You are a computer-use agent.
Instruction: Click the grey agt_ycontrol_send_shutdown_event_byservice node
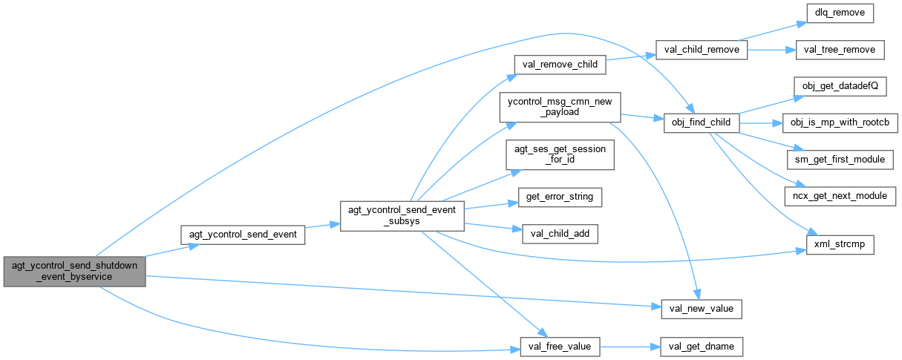pos(73,271)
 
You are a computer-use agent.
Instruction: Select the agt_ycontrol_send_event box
pos(243,235)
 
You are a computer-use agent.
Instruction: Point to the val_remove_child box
pos(560,65)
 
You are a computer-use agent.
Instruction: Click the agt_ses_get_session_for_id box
pos(560,154)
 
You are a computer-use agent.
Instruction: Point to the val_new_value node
pos(702,307)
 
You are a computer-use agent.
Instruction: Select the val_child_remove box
pos(702,50)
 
